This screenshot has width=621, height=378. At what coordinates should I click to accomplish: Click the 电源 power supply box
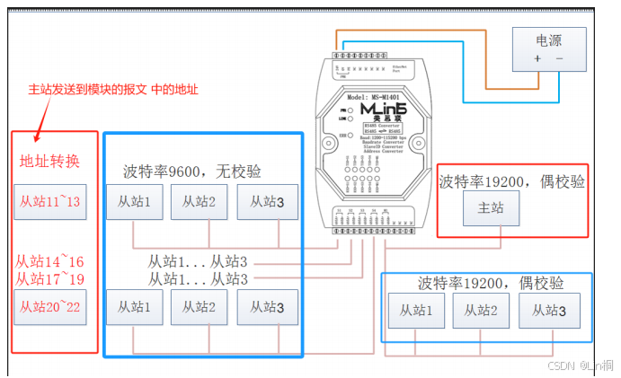549,48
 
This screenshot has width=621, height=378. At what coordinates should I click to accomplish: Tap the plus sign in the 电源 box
537,58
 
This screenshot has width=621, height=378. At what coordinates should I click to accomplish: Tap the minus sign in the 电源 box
560,58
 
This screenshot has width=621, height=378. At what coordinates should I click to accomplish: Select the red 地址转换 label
50,162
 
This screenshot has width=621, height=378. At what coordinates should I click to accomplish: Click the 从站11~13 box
50,201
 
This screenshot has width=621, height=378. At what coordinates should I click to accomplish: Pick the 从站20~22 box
50,307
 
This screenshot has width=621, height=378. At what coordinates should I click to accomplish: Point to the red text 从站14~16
50,261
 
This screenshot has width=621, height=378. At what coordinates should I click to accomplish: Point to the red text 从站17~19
50,278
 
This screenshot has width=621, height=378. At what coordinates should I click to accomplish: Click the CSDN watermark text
584,365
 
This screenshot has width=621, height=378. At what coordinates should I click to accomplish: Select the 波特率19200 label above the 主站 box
511,181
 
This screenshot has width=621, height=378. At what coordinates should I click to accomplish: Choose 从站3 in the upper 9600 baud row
268,202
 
